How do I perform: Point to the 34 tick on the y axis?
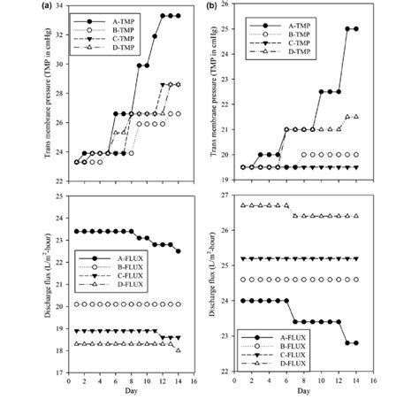click(59, 7)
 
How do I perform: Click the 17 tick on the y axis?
click(59, 372)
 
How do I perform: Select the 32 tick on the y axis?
click(59, 35)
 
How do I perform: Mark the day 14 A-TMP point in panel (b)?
click(356, 28)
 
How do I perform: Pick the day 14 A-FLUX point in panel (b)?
click(356, 342)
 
